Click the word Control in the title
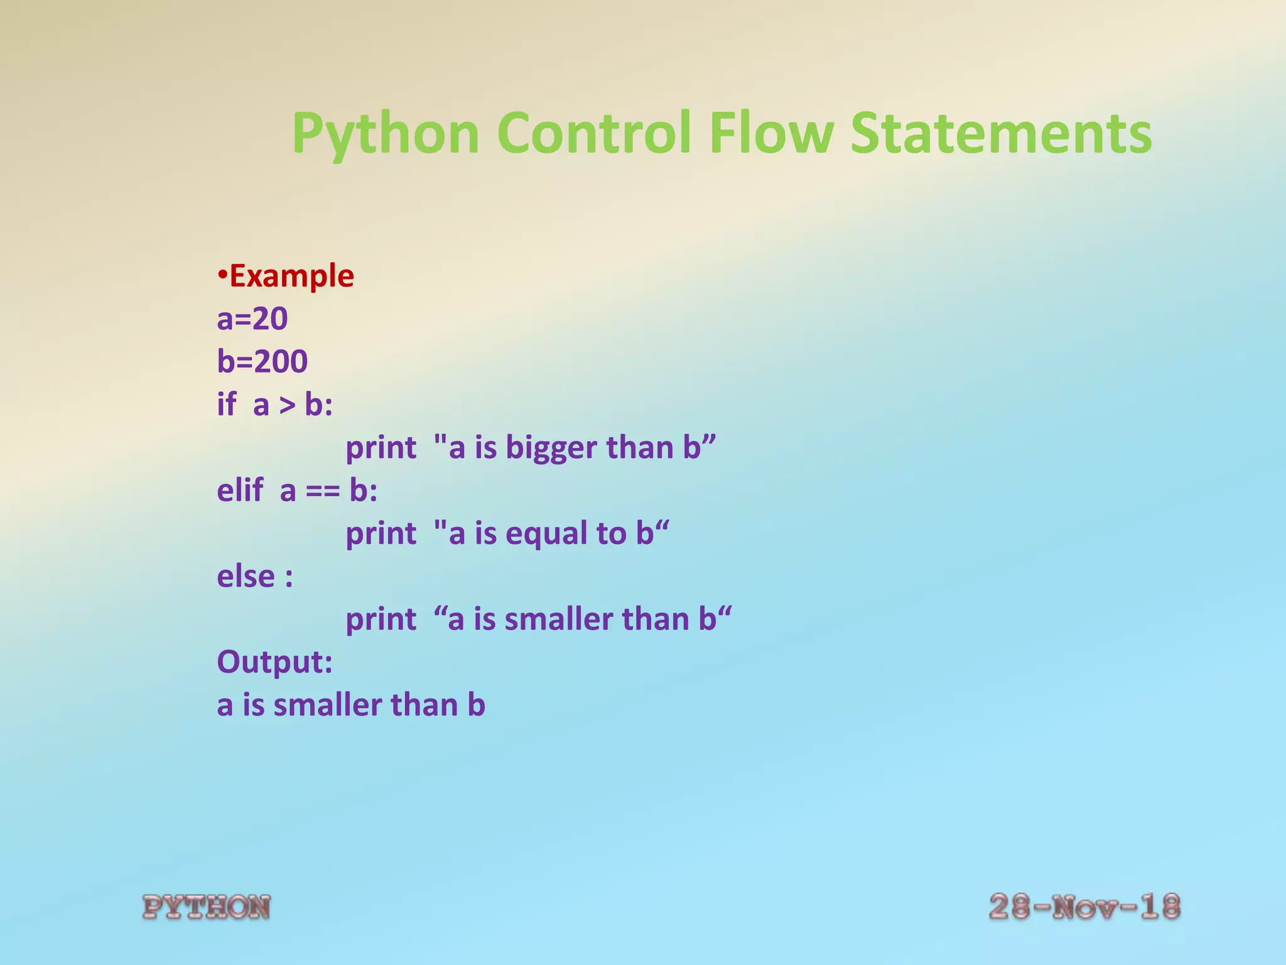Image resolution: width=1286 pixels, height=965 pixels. [594, 133]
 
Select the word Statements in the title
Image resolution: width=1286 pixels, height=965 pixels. [1001, 133]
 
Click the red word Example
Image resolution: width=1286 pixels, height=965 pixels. [291, 276]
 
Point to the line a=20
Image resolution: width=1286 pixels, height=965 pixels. [252, 319]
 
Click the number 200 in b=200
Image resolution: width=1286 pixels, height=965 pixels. [281, 361]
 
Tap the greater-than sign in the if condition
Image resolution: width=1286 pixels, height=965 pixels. [287, 405]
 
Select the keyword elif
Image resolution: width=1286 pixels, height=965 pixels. [240, 490]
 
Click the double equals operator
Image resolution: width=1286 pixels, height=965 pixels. [323, 491]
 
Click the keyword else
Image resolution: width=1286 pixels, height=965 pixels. [246, 576]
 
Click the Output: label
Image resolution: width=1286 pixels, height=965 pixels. [274, 662]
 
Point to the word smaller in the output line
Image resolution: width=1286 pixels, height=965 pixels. [327, 705]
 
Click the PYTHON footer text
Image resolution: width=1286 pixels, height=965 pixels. [207, 907]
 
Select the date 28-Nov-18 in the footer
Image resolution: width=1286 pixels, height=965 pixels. [1084, 907]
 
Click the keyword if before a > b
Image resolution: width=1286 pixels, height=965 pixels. [227, 404]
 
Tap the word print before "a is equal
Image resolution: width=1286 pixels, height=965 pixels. [381, 533]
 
